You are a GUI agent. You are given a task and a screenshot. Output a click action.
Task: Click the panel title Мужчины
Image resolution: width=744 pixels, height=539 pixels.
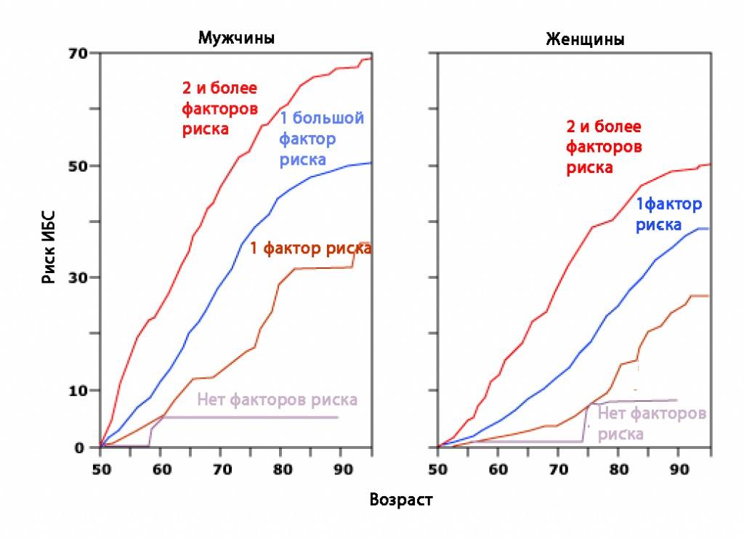click(x=236, y=38)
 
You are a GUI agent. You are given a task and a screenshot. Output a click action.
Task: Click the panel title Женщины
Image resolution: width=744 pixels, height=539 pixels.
click(x=585, y=39)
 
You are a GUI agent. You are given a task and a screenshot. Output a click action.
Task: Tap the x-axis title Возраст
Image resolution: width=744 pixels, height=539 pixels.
click(x=401, y=500)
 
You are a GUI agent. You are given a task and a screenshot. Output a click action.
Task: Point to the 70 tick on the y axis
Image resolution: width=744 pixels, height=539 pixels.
click(x=78, y=53)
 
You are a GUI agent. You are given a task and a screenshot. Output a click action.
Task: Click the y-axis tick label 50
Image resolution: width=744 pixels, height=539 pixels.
click(x=78, y=166)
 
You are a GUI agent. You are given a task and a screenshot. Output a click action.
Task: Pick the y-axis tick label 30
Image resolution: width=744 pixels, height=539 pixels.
click(x=78, y=277)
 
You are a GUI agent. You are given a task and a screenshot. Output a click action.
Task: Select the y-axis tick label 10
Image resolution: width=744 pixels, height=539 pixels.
click(x=78, y=390)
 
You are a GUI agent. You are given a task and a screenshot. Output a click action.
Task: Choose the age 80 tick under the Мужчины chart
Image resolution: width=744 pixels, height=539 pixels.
click(x=280, y=469)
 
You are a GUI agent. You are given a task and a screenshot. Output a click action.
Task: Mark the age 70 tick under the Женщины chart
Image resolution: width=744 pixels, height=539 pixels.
click(x=558, y=469)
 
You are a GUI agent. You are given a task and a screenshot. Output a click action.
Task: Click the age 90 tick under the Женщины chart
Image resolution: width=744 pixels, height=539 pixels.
click(x=678, y=469)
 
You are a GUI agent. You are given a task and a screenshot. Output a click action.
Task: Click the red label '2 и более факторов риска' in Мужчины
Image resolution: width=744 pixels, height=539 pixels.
click(x=219, y=109)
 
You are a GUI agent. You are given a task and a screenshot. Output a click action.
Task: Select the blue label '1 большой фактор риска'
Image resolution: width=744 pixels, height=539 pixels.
click(x=321, y=139)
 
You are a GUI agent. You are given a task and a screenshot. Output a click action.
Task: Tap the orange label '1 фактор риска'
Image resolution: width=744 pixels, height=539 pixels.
click(x=311, y=248)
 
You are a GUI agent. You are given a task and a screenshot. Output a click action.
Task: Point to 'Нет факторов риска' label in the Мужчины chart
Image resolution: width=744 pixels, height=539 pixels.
click(x=277, y=400)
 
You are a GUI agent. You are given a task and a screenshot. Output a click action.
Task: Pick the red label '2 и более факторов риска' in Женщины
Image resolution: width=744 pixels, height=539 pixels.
click(x=604, y=147)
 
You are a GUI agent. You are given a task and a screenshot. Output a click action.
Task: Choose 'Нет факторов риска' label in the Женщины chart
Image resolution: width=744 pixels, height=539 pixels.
click(x=651, y=423)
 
